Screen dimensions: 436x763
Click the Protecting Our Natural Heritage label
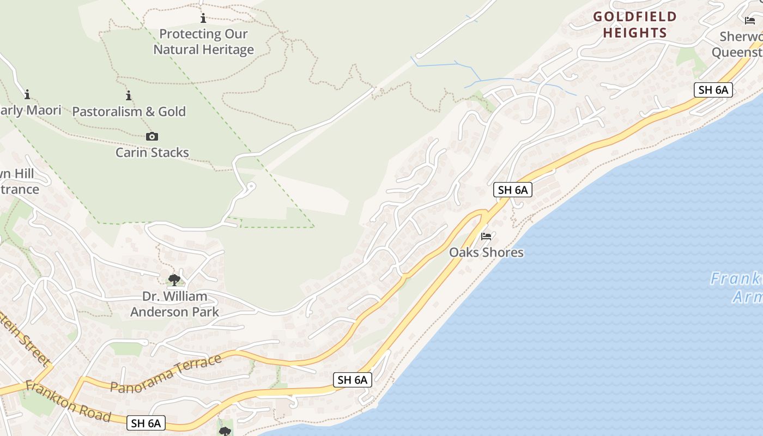coord(203,42)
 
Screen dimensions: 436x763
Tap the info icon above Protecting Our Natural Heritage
coord(203,19)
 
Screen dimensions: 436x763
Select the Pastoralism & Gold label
coord(129,112)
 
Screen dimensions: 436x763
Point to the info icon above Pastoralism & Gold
coord(129,96)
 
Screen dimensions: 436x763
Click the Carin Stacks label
coord(152,153)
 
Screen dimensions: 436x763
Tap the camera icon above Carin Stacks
coord(152,136)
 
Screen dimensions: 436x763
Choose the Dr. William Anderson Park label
coord(174,304)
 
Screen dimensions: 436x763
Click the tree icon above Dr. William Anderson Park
coord(174,280)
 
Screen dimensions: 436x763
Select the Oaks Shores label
coord(486,252)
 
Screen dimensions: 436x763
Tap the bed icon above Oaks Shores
coord(486,237)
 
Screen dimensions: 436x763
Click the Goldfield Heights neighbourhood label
coord(635,25)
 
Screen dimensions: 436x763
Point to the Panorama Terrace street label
coord(166,373)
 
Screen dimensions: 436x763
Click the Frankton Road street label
coord(68,402)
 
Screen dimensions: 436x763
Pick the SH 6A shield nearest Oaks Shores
coord(512,190)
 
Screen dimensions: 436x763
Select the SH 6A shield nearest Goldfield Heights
coord(713,90)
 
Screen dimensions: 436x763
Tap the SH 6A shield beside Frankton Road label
coord(146,423)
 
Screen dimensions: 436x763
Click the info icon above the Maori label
coord(27,94)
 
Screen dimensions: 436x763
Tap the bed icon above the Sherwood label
coord(750,21)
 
